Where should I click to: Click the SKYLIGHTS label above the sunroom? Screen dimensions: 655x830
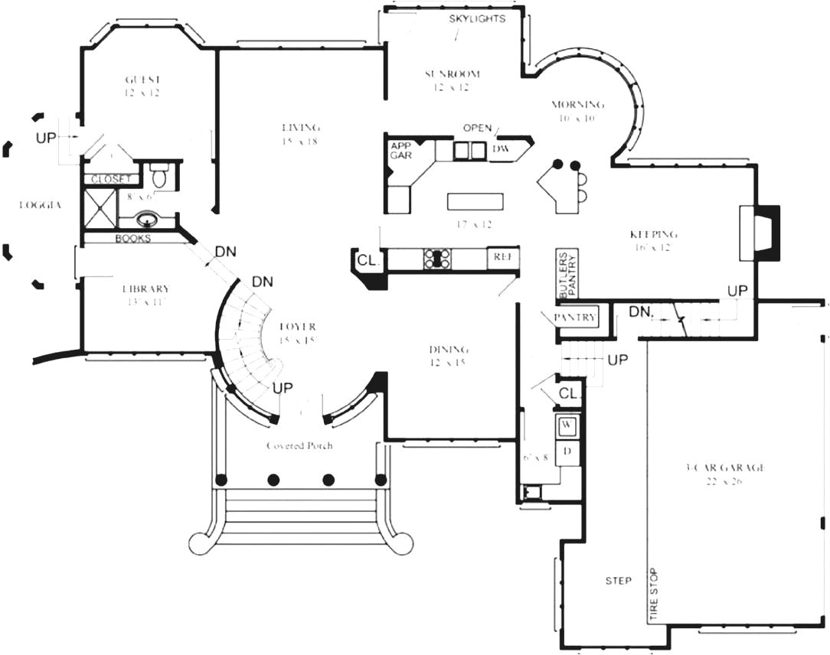[x=477, y=18]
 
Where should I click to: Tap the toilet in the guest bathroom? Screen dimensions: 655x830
[x=159, y=176]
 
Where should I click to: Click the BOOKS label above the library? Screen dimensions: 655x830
[x=133, y=239]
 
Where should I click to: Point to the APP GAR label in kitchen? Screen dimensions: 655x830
[x=401, y=150]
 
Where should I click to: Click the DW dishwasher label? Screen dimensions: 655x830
[x=501, y=148]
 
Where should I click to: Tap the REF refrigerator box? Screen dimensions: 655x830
[x=502, y=258]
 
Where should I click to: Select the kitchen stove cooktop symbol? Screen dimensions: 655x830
[x=436, y=259]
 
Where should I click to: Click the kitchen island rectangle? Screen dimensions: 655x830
[x=476, y=200]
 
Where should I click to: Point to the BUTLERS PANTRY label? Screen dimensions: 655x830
[x=567, y=274]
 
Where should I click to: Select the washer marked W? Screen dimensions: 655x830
[x=567, y=424]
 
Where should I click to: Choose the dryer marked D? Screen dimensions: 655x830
[x=567, y=450]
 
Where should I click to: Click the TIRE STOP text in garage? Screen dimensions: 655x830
[x=654, y=595]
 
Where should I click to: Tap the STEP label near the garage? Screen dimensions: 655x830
[x=618, y=581]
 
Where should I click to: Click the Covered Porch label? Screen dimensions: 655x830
[x=299, y=446]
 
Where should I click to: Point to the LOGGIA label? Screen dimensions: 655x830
[x=40, y=205]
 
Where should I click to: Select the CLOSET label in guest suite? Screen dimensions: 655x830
[x=112, y=179]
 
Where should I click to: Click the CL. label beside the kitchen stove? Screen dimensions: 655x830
[x=368, y=261]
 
